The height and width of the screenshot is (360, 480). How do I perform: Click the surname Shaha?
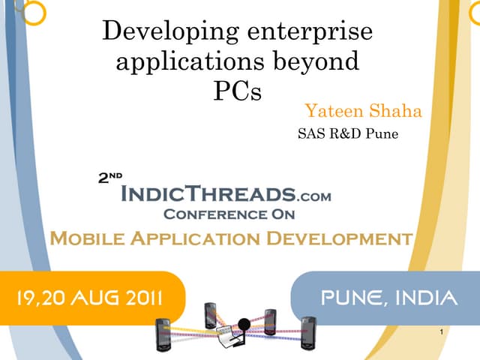coord(395,112)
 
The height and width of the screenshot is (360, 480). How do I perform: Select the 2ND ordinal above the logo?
coord(110,178)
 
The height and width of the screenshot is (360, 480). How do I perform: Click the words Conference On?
coord(229,214)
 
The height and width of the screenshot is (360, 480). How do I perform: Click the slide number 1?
coord(445,331)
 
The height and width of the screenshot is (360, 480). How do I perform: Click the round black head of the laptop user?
coord(243,324)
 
